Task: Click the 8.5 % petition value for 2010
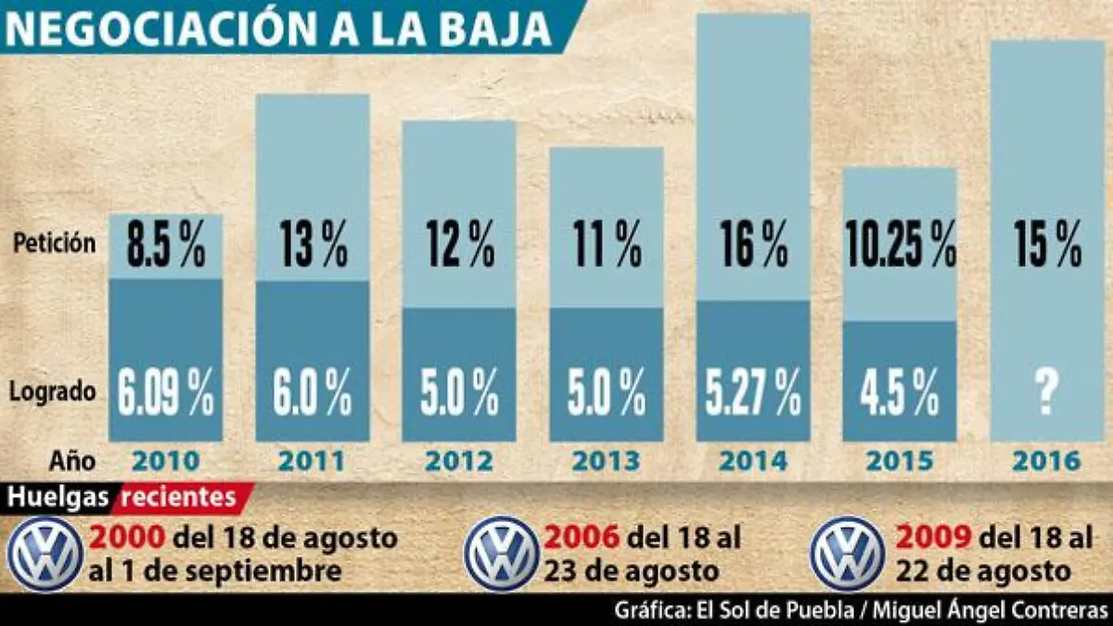tap(166, 247)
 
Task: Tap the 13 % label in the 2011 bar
tap(313, 247)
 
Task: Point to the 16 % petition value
tap(753, 247)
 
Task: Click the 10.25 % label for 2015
tap(900, 247)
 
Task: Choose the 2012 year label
tap(459, 461)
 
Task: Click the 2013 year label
tap(607, 461)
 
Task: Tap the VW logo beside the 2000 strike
tap(45, 554)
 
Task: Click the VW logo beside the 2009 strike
tap(848, 554)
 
